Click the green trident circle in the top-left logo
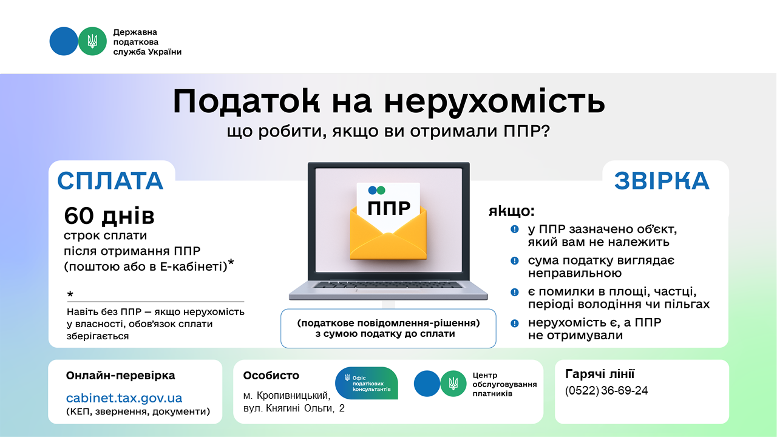[92, 41]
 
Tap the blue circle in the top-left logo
[64, 41]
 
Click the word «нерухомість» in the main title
[495, 102]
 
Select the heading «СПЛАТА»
[110, 181]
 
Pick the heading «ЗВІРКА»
[662, 181]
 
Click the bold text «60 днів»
[109, 215]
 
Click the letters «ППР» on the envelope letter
[389, 208]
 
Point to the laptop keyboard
[388, 285]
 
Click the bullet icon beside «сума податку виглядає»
[515, 261]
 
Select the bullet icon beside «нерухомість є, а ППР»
[515, 324]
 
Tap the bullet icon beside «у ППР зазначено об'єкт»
[515, 229]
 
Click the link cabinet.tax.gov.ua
[124, 398]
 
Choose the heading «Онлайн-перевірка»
[120, 376]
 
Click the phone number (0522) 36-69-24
[606, 391]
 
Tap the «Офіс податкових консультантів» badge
[366, 383]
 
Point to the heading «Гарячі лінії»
[600, 374]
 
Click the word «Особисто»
[271, 376]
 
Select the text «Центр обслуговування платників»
[504, 384]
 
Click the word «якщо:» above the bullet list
[512, 211]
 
